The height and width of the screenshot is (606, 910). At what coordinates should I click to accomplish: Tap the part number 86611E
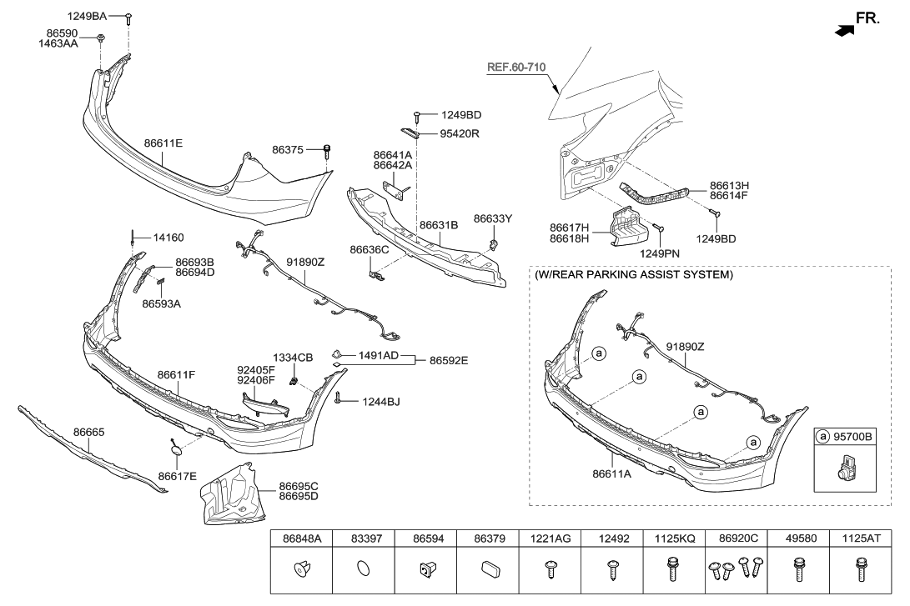[x=163, y=143]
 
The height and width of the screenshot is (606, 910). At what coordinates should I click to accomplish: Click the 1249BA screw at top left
[x=129, y=17]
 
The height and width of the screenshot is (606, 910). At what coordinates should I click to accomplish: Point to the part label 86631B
[x=439, y=225]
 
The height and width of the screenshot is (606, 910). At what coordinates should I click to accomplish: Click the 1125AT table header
[x=862, y=538]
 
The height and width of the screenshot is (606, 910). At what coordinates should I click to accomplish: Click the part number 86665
[x=89, y=433]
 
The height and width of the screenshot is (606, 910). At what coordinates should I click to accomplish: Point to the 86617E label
[x=176, y=476]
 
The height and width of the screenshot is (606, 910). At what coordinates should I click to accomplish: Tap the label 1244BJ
[x=380, y=402]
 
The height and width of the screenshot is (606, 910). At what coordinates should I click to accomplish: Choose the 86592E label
[x=449, y=361]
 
